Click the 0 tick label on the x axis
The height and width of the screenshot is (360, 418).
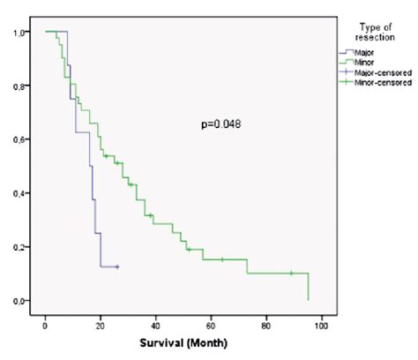(x=45, y=318)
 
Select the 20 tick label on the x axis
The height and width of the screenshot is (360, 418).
(x=101, y=318)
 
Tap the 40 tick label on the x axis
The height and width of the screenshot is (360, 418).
(x=156, y=318)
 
